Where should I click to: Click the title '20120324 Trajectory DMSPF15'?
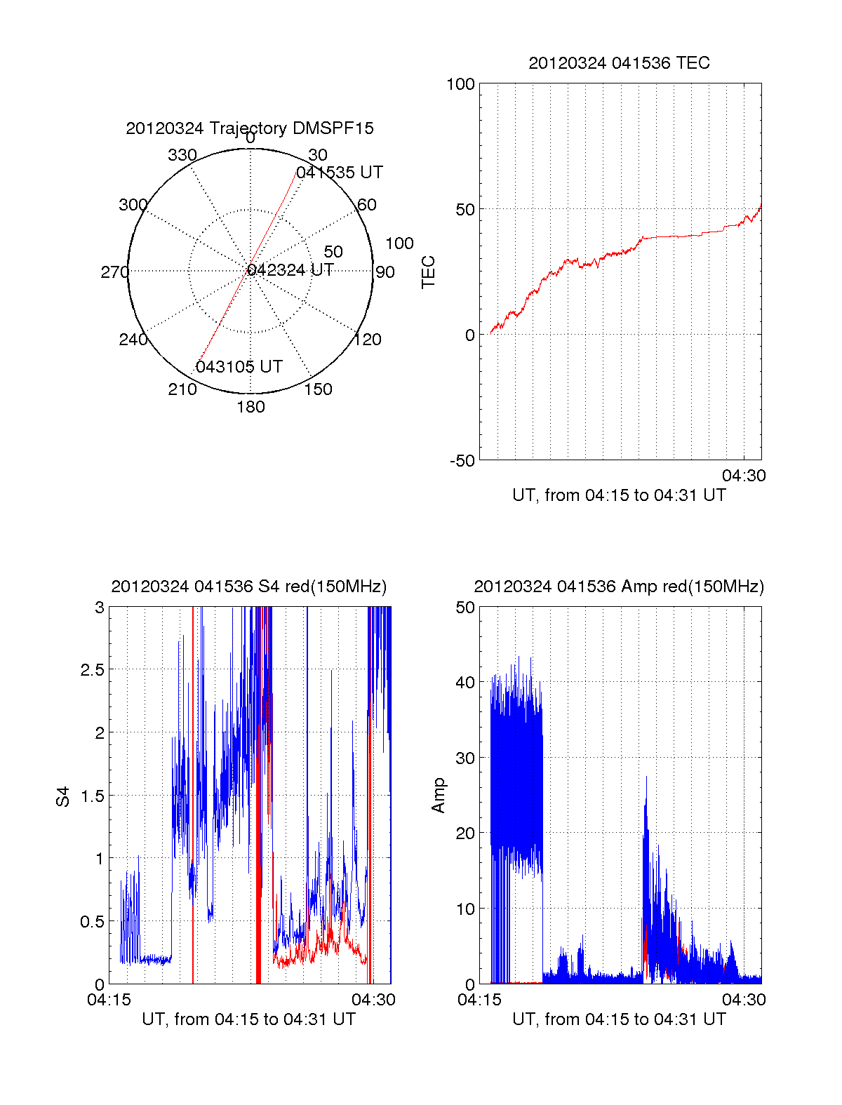250,128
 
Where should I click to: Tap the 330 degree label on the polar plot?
182,155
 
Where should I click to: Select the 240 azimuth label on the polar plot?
133,340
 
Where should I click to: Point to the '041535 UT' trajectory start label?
340,173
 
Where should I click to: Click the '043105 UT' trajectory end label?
239,367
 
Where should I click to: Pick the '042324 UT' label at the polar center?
290,270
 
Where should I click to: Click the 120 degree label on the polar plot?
368,340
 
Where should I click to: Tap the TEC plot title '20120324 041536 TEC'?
619,63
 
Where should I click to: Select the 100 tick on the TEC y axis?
461,84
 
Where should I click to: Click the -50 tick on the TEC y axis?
462,461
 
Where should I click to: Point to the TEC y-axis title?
428,272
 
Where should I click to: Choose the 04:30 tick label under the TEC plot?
744,476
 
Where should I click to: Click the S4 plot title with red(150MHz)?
249,587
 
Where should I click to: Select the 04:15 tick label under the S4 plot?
109,1000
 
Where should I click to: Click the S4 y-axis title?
63,796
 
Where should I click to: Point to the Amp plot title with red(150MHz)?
619,587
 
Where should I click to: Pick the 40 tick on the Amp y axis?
465,682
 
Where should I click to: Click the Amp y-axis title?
439,796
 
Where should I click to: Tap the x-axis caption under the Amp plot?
619,1019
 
